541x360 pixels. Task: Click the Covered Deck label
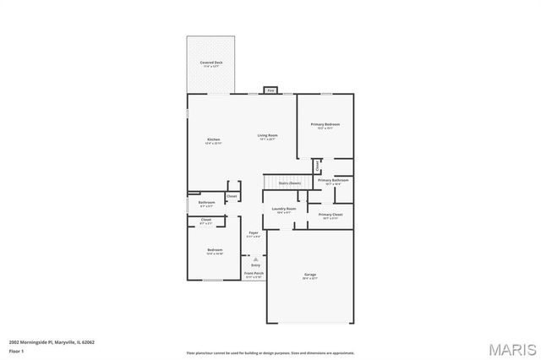click(211, 63)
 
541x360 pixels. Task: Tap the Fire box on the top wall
click(270, 90)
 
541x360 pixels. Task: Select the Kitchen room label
click(214, 139)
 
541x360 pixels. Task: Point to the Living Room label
click(268, 135)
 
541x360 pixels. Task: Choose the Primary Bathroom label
click(333, 180)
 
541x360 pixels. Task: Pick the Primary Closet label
click(331, 215)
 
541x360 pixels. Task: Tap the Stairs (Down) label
click(290, 183)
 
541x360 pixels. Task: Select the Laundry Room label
click(284, 209)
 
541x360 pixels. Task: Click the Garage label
click(310, 275)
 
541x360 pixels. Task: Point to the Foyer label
click(253, 232)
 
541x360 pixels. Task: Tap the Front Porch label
click(254, 274)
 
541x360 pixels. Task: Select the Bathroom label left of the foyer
click(207, 203)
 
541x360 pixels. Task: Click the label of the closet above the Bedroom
click(206, 221)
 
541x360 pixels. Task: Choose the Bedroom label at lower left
click(215, 250)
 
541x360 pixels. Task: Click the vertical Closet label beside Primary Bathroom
click(317, 166)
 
